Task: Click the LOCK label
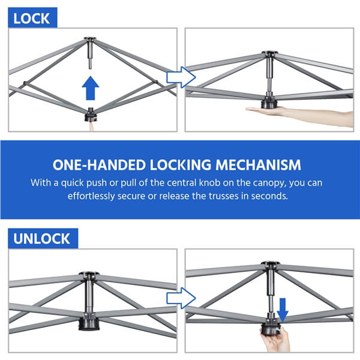pyautogui.click(x=31, y=19)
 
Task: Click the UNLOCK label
pyautogui.click(x=41, y=239)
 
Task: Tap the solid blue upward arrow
pyautogui.click(x=91, y=88)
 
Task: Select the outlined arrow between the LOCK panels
pyautogui.click(x=181, y=77)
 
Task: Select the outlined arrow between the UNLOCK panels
pyautogui.click(x=181, y=298)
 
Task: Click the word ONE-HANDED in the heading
pyautogui.click(x=100, y=165)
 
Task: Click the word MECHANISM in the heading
pyautogui.click(x=258, y=165)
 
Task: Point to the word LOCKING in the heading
pyautogui.click(x=181, y=165)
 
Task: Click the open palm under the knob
pyautogui.click(x=298, y=115)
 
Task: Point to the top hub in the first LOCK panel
pyautogui.click(x=90, y=40)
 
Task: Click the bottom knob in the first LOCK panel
pyautogui.click(x=91, y=115)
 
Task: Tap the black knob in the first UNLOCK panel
pyautogui.click(x=89, y=322)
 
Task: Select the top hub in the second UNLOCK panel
pyautogui.click(x=271, y=265)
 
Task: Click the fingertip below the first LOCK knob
pyautogui.click(x=91, y=126)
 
